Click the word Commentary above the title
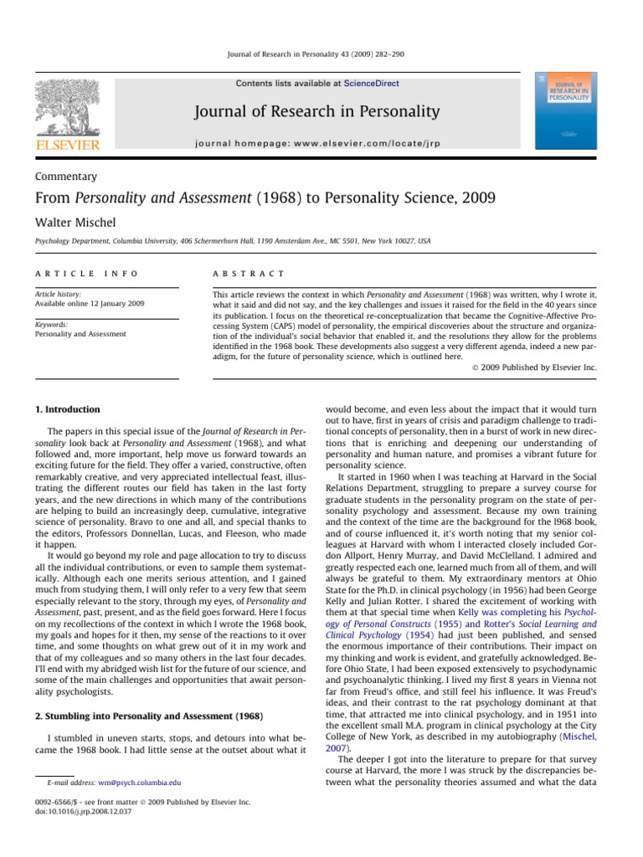click(67, 177)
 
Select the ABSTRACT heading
click(249, 274)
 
